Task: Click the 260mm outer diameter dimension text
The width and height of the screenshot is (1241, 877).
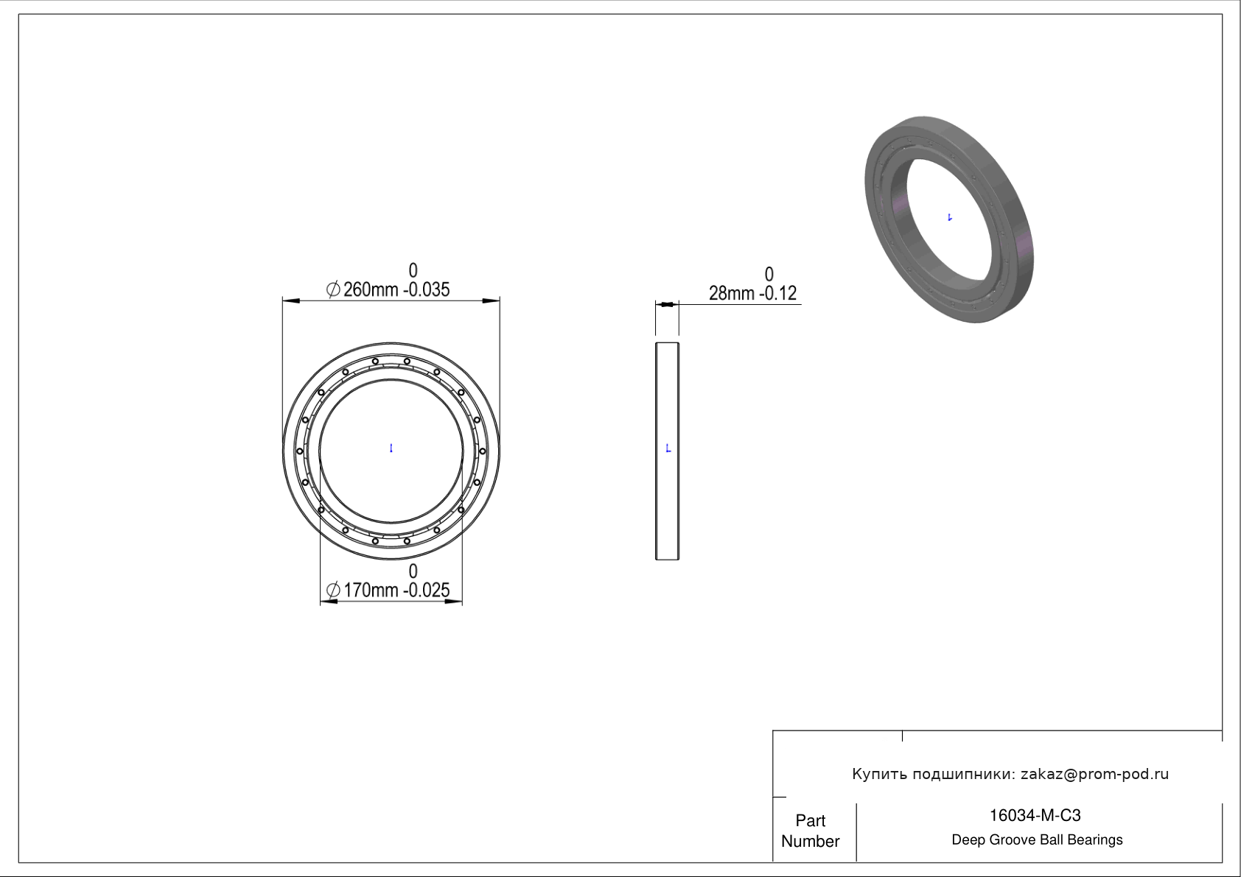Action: pos(371,289)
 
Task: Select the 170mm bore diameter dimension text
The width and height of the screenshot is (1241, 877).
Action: pos(371,591)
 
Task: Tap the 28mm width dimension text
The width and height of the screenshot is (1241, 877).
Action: pos(731,294)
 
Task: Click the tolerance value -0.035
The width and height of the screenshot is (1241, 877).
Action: pos(426,289)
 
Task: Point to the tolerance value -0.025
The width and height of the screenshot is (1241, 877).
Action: pos(426,591)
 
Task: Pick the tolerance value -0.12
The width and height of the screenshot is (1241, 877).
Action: pos(777,294)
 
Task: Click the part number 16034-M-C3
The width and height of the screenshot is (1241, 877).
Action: pos(1035,815)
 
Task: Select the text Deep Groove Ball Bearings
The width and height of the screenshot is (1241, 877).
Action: pos(1037,840)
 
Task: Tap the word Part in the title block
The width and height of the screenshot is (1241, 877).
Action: pos(811,820)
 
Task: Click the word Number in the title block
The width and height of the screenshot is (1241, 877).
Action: pos(811,842)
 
